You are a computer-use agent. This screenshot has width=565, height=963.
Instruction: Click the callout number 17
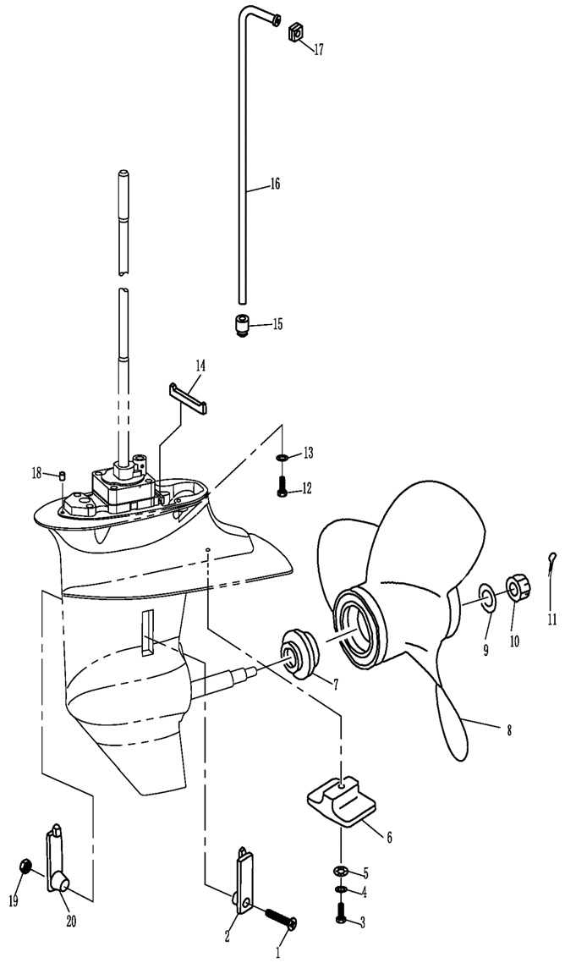(x=318, y=50)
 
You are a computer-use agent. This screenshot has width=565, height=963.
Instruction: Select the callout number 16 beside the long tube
(x=275, y=184)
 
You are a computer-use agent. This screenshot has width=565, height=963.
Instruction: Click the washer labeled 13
(x=282, y=458)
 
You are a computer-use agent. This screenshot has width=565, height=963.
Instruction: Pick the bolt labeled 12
(x=282, y=487)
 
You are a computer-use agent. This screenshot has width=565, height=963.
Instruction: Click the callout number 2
(x=228, y=937)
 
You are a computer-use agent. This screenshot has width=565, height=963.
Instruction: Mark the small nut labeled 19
(x=26, y=866)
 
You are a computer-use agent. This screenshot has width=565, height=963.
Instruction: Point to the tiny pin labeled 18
(x=63, y=475)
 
